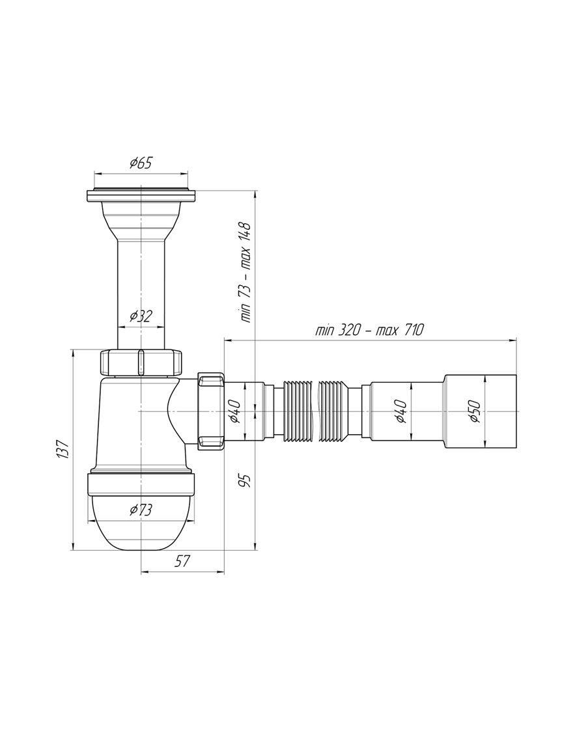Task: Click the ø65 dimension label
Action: (141, 163)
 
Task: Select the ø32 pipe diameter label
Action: (141, 316)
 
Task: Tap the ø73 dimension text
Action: (141, 510)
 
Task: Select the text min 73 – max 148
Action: (245, 273)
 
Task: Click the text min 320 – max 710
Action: (370, 331)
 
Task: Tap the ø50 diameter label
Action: (475, 411)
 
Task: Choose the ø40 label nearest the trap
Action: (234, 411)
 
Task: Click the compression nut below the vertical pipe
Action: (141, 363)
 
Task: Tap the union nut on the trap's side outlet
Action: (211, 411)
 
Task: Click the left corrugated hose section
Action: (298, 411)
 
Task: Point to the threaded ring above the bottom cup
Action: (141, 484)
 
